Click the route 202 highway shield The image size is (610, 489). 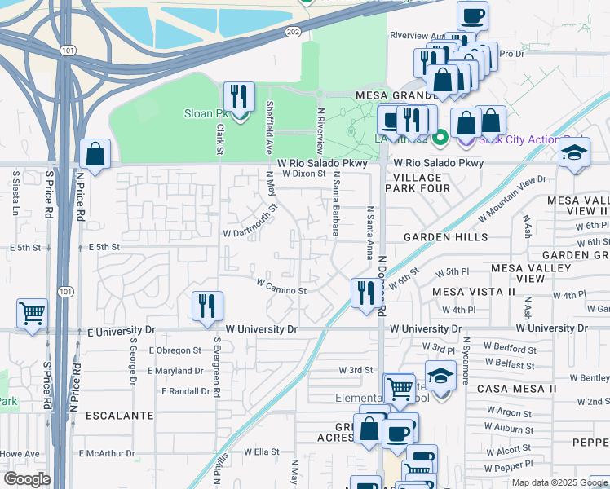point(293,32)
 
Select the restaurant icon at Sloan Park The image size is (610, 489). point(239,98)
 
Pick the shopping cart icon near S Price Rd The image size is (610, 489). point(32,314)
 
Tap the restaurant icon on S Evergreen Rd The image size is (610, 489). point(207,306)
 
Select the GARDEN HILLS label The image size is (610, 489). point(446,237)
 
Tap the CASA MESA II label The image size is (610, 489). point(516,389)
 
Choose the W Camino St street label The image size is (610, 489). point(281,287)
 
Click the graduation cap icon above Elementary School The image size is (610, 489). point(440,377)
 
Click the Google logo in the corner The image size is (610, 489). point(27,479)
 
